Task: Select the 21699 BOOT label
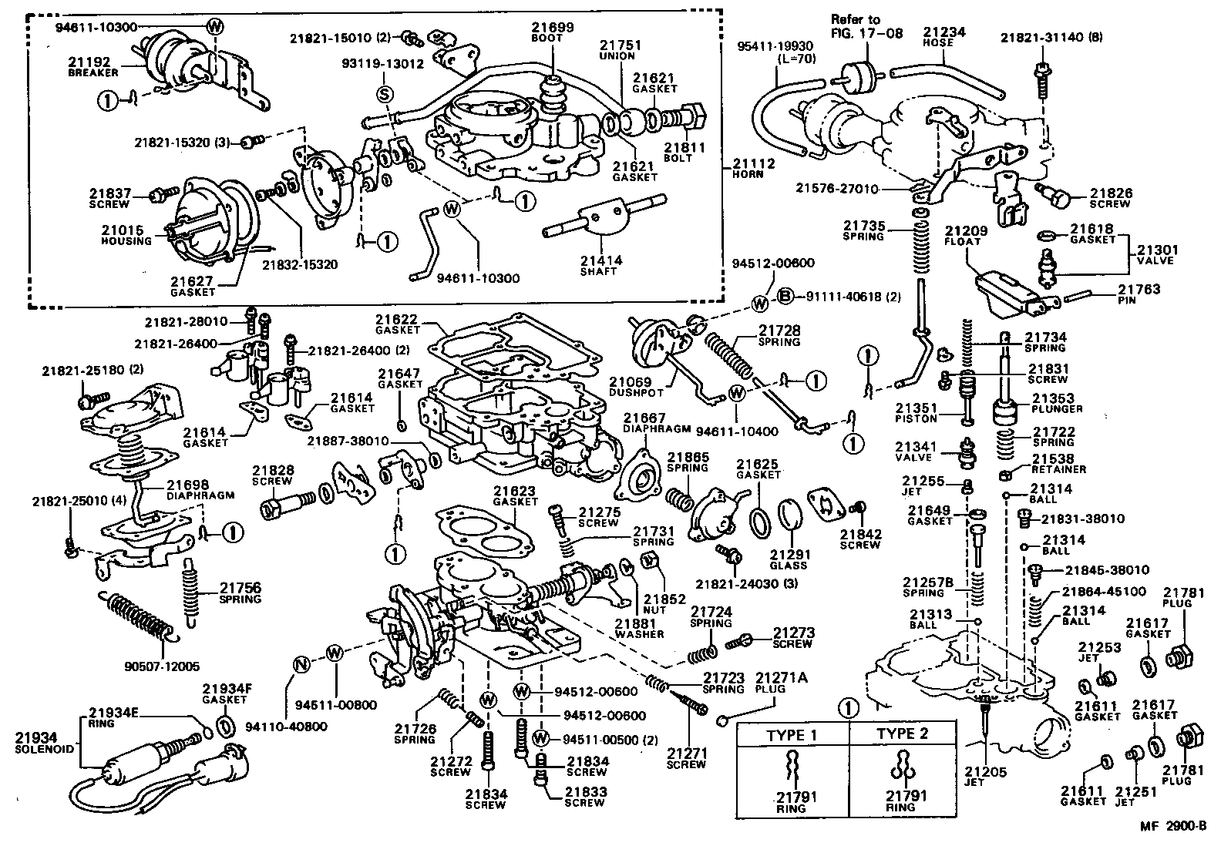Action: click(x=552, y=32)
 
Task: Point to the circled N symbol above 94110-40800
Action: click(x=301, y=663)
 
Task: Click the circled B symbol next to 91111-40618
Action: click(x=784, y=296)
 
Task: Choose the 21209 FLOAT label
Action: click(x=963, y=235)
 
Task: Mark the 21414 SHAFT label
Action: click(x=600, y=266)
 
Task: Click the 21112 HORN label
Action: click(x=753, y=168)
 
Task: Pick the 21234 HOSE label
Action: click(x=944, y=36)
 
